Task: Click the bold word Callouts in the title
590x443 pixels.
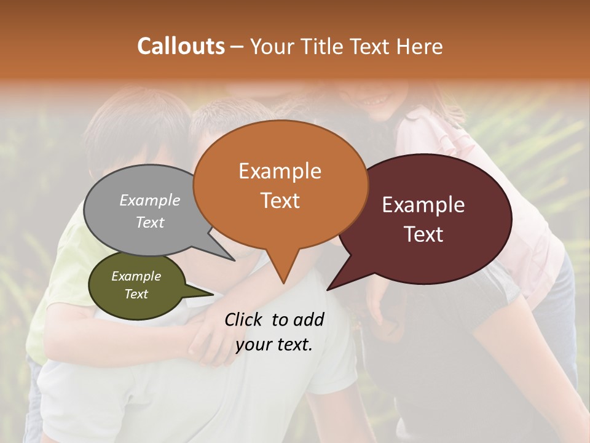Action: click(x=181, y=46)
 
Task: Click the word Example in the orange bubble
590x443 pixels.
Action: click(x=280, y=171)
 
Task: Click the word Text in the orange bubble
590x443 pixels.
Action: click(x=280, y=200)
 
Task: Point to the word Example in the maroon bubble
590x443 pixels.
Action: click(x=423, y=205)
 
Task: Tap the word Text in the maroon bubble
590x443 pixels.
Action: click(x=423, y=234)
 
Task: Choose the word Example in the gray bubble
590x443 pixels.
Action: click(x=150, y=200)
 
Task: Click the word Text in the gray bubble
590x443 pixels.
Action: click(x=150, y=222)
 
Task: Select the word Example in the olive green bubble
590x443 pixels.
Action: click(x=136, y=276)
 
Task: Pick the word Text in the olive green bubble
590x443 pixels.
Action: click(x=136, y=294)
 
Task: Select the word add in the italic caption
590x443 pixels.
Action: click(x=309, y=319)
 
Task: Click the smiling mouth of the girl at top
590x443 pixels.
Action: click(x=375, y=98)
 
